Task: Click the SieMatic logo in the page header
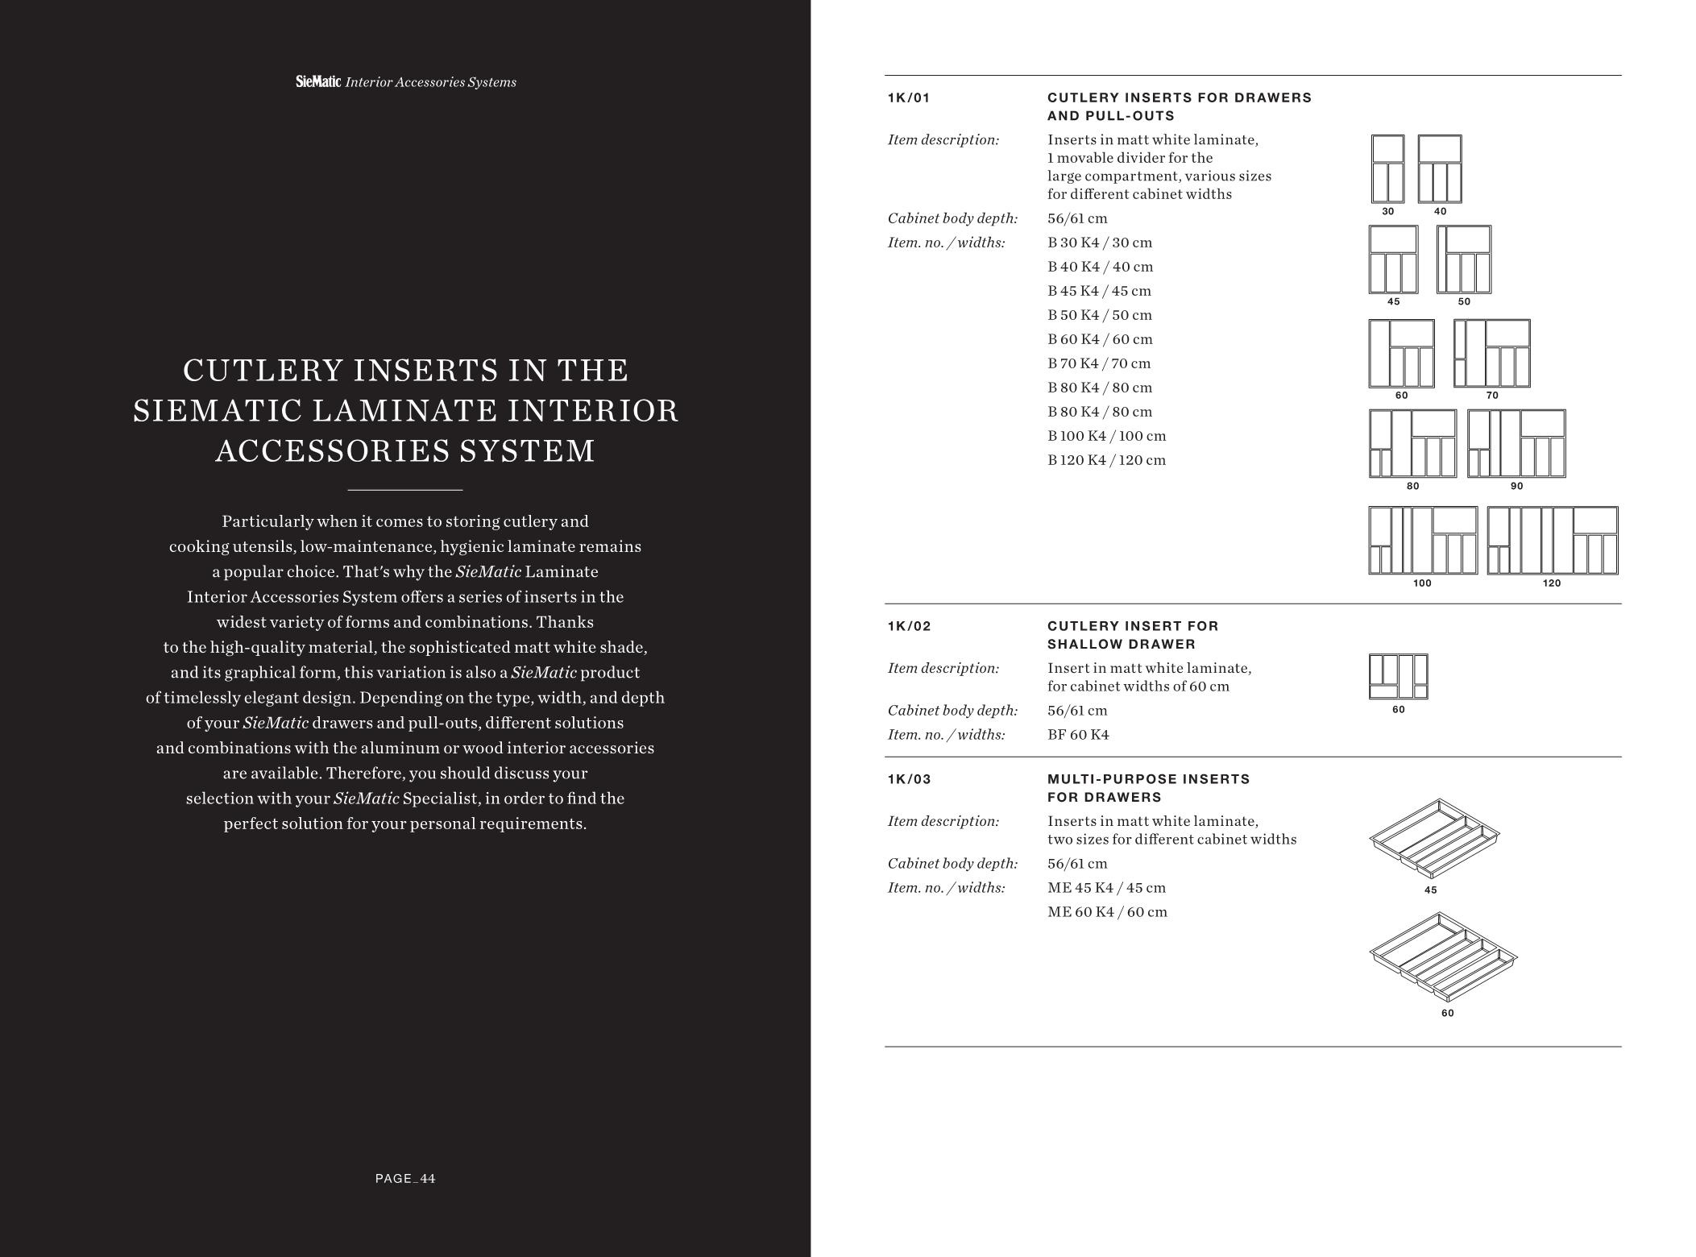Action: [x=318, y=81]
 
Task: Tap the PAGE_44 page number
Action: [x=405, y=1179]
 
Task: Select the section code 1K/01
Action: [x=908, y=98]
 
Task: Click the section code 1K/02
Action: [x=909, y=626]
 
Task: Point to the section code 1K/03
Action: [x=909, y=779]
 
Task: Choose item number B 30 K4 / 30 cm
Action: [x=1100, y=243]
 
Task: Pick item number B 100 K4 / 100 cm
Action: [x=1106, y=436]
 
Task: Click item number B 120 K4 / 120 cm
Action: [x=1106, y=460]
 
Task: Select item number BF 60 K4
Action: [x=1078, y=735]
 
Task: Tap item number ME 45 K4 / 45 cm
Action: [x=1106, y=888]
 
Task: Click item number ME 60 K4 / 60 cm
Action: [x=1107, y=912]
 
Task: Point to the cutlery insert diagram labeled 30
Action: [x=1387, y=169]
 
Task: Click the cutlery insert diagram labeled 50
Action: [x=1464, y=259]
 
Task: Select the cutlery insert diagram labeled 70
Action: [x=1492, y=354]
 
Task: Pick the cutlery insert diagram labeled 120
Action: [x=1552, y=540]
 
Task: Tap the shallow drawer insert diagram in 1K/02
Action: [x=1398, y=677]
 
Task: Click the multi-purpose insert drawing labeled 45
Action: [x=1434, y=838]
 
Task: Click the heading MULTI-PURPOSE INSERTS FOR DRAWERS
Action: [x=1148, y=788]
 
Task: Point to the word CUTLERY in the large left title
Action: [x=263, y=371]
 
